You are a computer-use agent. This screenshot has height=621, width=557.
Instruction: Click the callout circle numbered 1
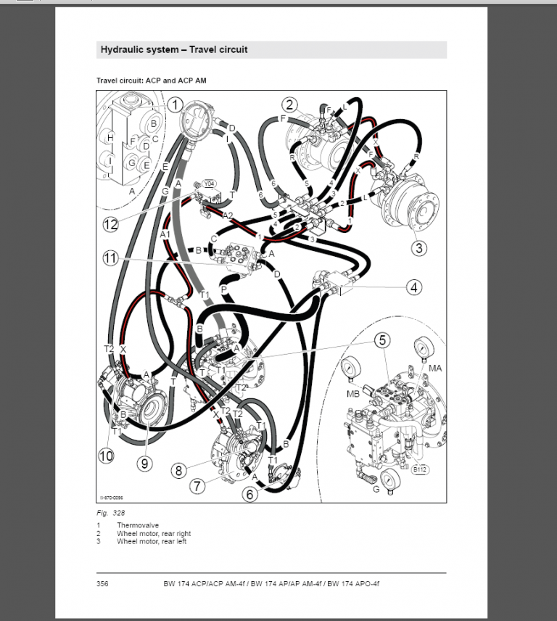click(x=175, y=105)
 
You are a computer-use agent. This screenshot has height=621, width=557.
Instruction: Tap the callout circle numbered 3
click(x=418, y=247)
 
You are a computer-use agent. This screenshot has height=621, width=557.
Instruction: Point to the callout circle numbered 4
click(x=413, y=287)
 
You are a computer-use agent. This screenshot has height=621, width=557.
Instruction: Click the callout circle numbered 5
click(x=381, y=340)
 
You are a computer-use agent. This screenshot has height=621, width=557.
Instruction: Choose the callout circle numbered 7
click(x=197, y=485)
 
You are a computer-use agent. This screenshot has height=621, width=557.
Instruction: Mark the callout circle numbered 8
click(x=178, y=470)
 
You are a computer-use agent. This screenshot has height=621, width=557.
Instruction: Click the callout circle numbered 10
click(x=107, y=456)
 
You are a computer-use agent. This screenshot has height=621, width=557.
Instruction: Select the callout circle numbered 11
click(x=110, y=258)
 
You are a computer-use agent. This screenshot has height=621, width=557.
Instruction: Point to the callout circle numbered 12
click(x=110, y=224)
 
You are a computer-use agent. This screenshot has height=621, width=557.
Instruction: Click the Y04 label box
click(x=210, y=184)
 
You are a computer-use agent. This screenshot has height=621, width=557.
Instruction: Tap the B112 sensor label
click(x=420, y=469)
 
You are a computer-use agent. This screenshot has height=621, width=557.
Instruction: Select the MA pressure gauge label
click(x=435, y=369)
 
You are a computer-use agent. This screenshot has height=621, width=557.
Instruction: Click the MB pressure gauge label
click(x=353, y=394)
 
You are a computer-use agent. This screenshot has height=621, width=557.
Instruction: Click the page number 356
click(x=102, y=584)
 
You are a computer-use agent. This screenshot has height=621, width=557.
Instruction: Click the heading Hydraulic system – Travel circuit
click(x=173, y=50)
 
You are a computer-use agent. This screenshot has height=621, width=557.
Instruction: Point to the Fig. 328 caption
click(x=107, y=513)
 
